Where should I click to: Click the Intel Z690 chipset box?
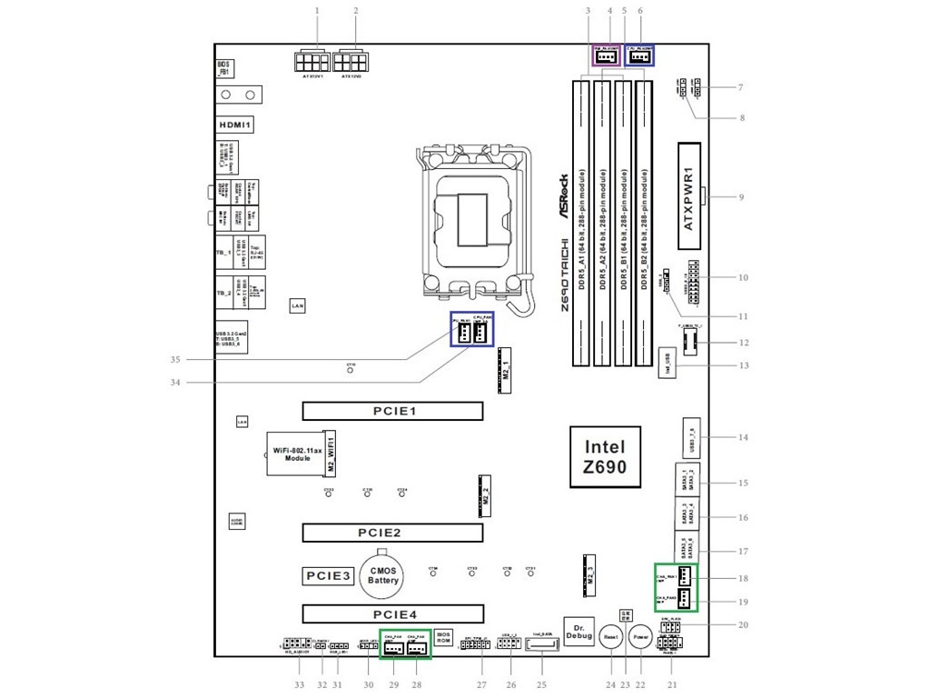[x=605, y=457]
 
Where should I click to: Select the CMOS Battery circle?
[x=383, y=574]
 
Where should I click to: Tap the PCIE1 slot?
[x=393, y=411]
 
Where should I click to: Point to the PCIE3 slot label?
[x=327, y=575]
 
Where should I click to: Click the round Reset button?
[x=610, y=638]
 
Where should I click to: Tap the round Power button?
[x=641, y=638]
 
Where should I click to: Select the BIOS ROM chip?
[x=444, y=636]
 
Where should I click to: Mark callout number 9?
[x=741, y=196]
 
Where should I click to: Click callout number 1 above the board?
[x=317, y=10]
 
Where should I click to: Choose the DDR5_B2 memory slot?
[x=644, y=223]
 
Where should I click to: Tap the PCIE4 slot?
[x=393, y=614]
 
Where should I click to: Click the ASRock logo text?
[x=563, y=195]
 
